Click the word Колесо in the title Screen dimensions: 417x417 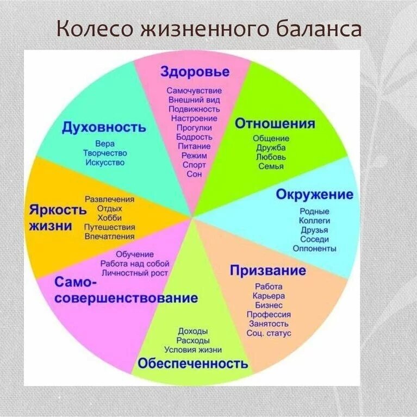tap(95, 29)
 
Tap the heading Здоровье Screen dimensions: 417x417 tap(195, 72)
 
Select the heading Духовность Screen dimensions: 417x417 tap(104, 127)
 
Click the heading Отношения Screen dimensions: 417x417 tap(275, 123)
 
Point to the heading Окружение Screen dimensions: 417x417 tap(315, 195)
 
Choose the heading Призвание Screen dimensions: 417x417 tap(268, 270)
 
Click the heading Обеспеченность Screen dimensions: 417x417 tap(193, 363)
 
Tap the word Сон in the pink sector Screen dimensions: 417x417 tap(194, 174)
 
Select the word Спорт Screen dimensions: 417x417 tap(194, 165)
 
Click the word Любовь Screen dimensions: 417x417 tap(271, 157)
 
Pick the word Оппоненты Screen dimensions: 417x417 tap(314, 248)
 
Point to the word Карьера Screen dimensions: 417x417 tap(269, 296)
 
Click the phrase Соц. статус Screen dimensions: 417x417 tap(269, 333)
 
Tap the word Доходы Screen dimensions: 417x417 tap(193, 331)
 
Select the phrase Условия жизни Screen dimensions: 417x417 tap(193, 350)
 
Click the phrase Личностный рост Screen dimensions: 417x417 tap(135, 273)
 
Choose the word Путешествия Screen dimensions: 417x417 tap(110, 227)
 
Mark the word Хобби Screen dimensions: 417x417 tap(110, 218)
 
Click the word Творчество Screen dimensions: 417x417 tap(105, 153)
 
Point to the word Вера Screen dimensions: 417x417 tap(105, 144)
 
